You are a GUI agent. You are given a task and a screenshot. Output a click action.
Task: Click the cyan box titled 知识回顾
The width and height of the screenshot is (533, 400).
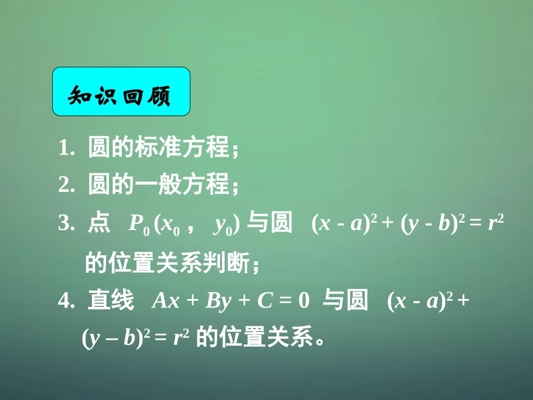[121, 91]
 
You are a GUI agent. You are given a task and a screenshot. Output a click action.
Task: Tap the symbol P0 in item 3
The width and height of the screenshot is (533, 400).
[138, 224]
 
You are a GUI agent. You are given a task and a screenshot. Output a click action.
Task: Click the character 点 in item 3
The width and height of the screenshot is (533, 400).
[99, 223]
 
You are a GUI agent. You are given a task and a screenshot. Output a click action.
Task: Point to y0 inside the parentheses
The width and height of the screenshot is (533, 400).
[223, 225]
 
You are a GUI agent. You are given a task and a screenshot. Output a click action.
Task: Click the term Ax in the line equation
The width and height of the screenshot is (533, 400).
[165, 302]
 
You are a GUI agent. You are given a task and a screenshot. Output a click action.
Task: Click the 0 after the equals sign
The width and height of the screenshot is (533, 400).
[304, 302]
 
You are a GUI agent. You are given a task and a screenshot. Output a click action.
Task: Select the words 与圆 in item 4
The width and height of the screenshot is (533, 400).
[346, 301]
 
